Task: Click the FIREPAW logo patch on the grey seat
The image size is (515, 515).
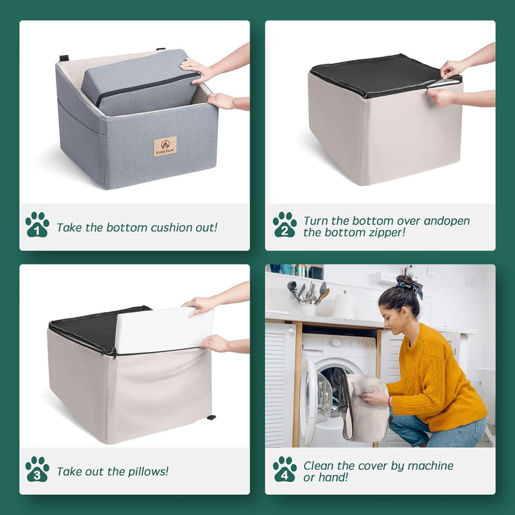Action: (165, 147)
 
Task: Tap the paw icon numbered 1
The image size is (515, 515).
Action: (37, 225)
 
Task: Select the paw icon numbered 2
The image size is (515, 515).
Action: (285, 225)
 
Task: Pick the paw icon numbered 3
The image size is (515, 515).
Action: (37, 469)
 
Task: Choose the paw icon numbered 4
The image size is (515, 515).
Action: (285, 469)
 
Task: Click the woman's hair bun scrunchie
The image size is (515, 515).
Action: (411, 285)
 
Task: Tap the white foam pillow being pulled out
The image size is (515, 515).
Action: (164, 330)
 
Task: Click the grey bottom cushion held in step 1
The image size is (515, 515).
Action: (141, 82)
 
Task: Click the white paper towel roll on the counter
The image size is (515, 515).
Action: (344, 305)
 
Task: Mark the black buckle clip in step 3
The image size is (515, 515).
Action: (211, 418)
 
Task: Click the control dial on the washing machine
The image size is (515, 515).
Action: (336, 343)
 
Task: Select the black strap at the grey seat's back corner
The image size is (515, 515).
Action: (64, 58)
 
